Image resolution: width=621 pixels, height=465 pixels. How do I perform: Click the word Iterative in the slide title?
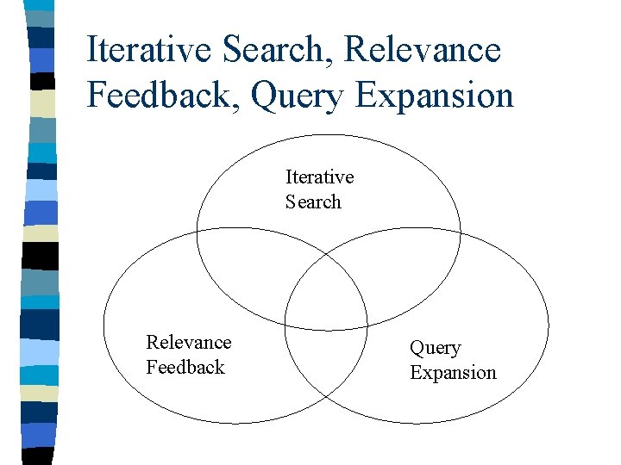[148, 50]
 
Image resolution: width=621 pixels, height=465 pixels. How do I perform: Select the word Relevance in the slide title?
[423, 50]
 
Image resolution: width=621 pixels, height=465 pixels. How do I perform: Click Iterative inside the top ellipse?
[319, 177]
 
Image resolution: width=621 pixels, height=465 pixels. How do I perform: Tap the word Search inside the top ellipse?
[313, 202]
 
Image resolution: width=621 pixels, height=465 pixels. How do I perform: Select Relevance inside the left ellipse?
[189, 343]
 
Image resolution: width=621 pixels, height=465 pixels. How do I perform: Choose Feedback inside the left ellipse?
[185, 368]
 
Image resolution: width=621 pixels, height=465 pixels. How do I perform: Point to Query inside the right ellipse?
[435, 349]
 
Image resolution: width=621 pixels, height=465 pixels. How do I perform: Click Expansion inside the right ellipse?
[453, 373]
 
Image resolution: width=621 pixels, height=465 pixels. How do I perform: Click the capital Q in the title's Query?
[263, 95]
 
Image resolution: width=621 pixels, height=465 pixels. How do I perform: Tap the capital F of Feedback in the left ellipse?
[151, 368]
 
